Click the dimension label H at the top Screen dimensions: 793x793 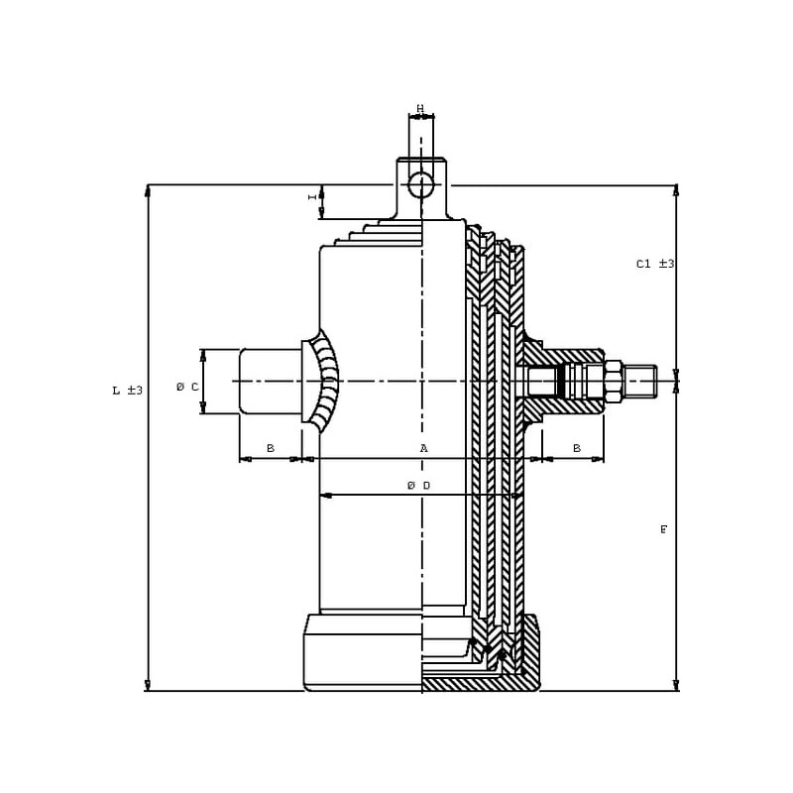[420, 108]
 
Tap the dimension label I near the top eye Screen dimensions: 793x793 [313, 196]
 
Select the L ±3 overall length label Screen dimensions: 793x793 [128, 391]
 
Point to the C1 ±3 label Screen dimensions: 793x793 [655, 264]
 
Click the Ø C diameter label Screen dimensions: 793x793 [187, 388]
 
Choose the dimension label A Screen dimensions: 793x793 [424, 448]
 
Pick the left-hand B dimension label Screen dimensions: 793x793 [271, 448]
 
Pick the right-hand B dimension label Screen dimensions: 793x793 [577, 448]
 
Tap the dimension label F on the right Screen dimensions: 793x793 [663, 530]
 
